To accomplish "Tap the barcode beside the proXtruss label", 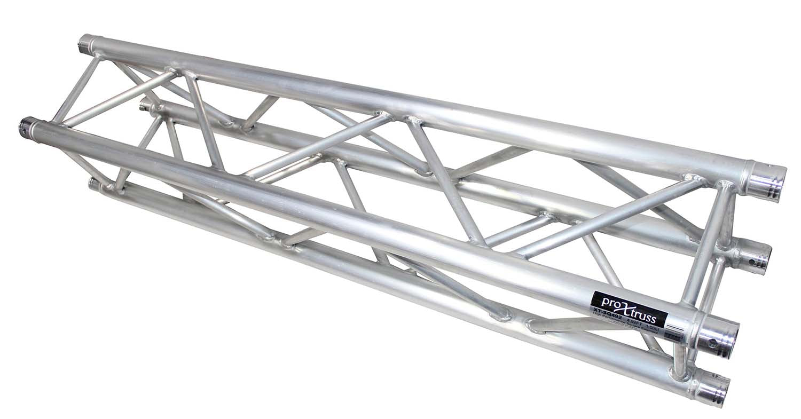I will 674,334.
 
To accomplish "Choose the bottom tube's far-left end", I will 94,184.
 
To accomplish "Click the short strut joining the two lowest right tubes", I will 680,361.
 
